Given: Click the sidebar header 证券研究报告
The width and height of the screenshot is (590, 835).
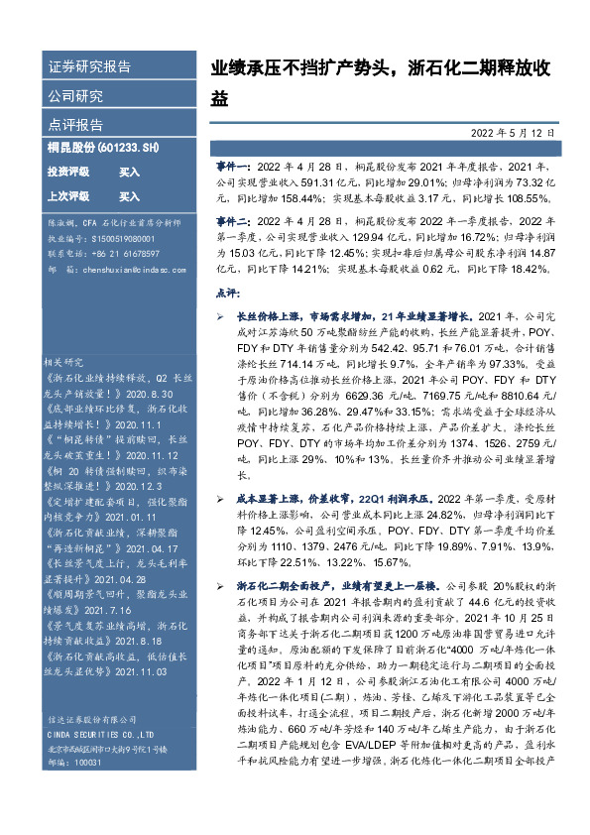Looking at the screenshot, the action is [x=89, y=67].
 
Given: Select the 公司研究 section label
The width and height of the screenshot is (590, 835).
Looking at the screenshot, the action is [x=75, y=96].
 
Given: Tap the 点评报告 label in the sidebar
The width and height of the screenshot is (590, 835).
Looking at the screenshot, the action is [x=75, y=125].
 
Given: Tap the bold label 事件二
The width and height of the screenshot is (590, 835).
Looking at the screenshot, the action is [x=232, y=224].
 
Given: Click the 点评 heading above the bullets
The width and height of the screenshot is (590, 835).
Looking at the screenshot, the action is [x=227, y=295].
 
